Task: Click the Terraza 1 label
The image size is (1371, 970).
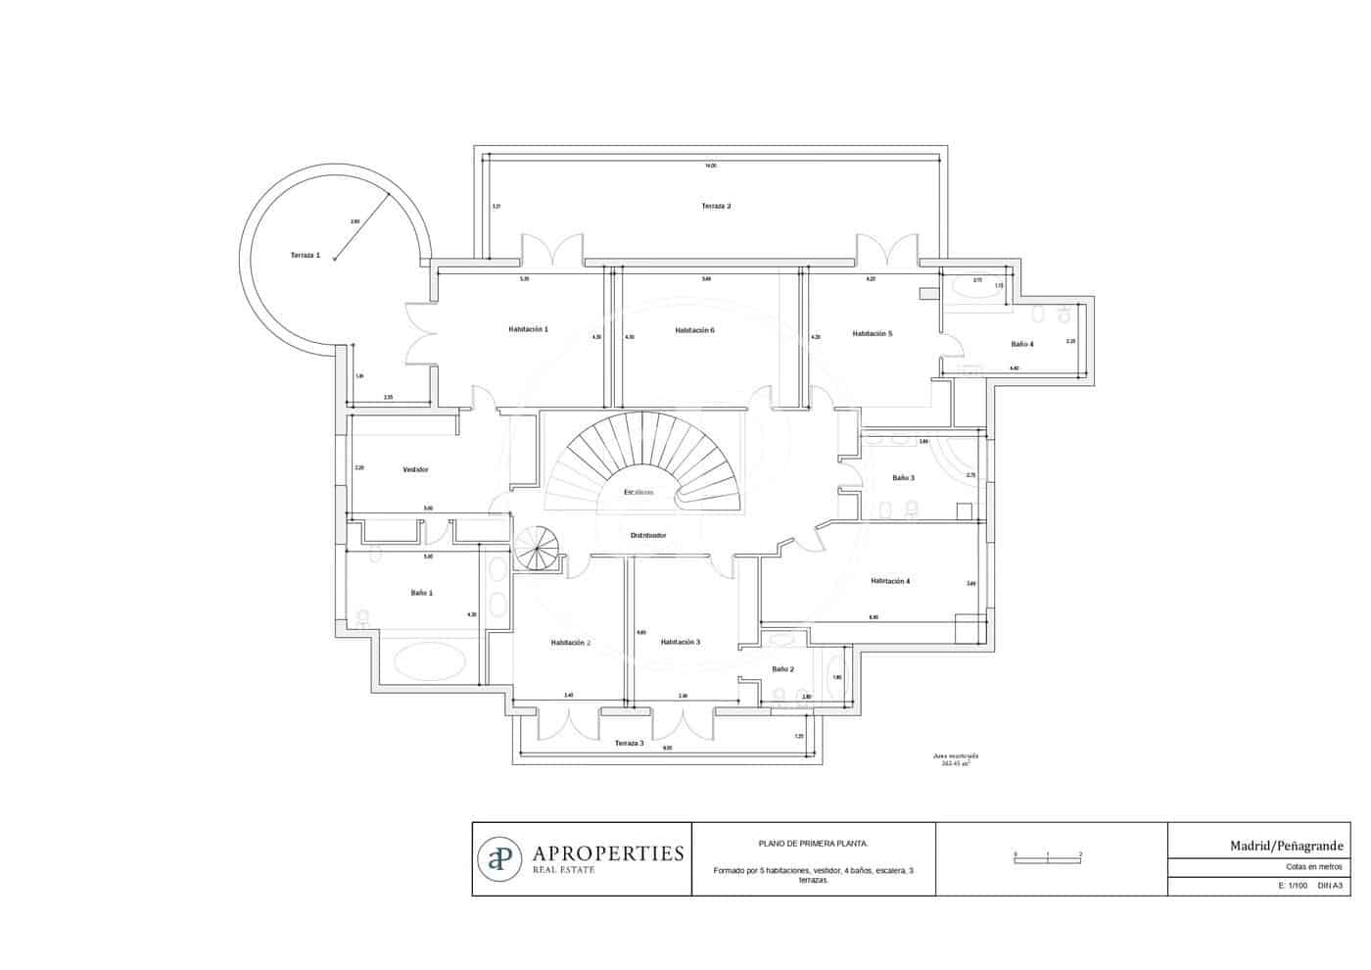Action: (x=305, y=255)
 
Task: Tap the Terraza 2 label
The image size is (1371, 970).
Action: (x=716, y=207)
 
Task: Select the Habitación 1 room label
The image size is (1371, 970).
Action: (x=528, y=329)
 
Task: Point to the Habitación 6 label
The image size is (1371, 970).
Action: (x=694, y=330)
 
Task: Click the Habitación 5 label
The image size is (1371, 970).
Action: (x=872, y=334)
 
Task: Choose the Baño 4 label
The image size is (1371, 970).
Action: (x=1021, y=344)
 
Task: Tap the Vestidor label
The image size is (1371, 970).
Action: (x=415, y=470)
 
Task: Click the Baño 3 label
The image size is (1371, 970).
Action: (x=903, y=478)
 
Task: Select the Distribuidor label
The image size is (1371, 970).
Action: (x=648, y=536)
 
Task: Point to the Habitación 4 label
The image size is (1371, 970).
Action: (x=890, y=581)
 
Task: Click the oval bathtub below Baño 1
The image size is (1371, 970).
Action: (x=428, y=661)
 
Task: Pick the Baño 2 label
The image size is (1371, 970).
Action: (x=782, y=669)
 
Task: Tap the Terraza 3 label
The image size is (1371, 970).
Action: (x=629, y=744)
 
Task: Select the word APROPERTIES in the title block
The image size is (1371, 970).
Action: (x=607, y=853)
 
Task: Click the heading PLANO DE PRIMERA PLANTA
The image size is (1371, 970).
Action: (x=813, y=843)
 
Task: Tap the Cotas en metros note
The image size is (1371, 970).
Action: (x=1314, y=867)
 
